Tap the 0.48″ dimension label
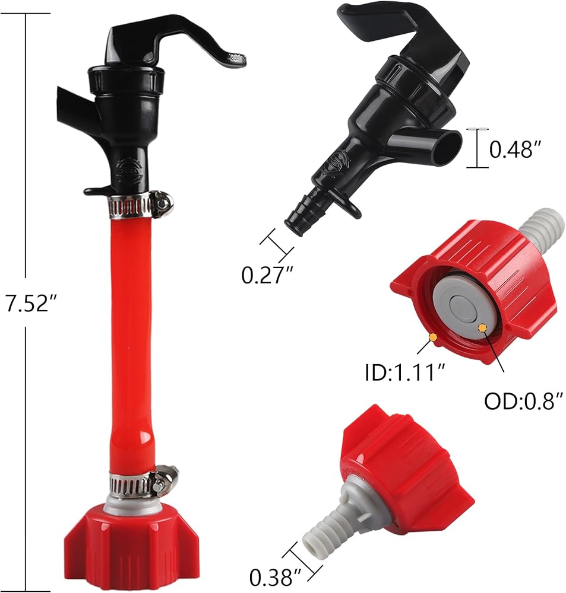[515, 149]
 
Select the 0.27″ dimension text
[267, 275]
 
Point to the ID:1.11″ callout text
[404, 372]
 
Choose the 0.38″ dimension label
[276, 577]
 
